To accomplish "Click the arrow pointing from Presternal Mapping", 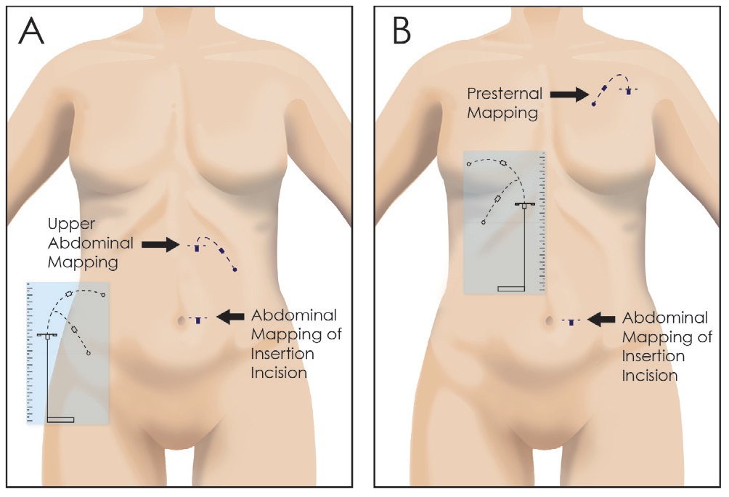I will point(569,94).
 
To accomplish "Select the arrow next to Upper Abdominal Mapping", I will point(160,245).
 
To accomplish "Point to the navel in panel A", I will point(178,319).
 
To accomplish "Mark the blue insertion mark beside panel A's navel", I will point(197,319).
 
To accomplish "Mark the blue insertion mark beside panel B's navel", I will point(571,320).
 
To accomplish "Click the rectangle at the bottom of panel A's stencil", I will point(60,419).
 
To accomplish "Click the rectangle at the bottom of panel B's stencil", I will point(510,289).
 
